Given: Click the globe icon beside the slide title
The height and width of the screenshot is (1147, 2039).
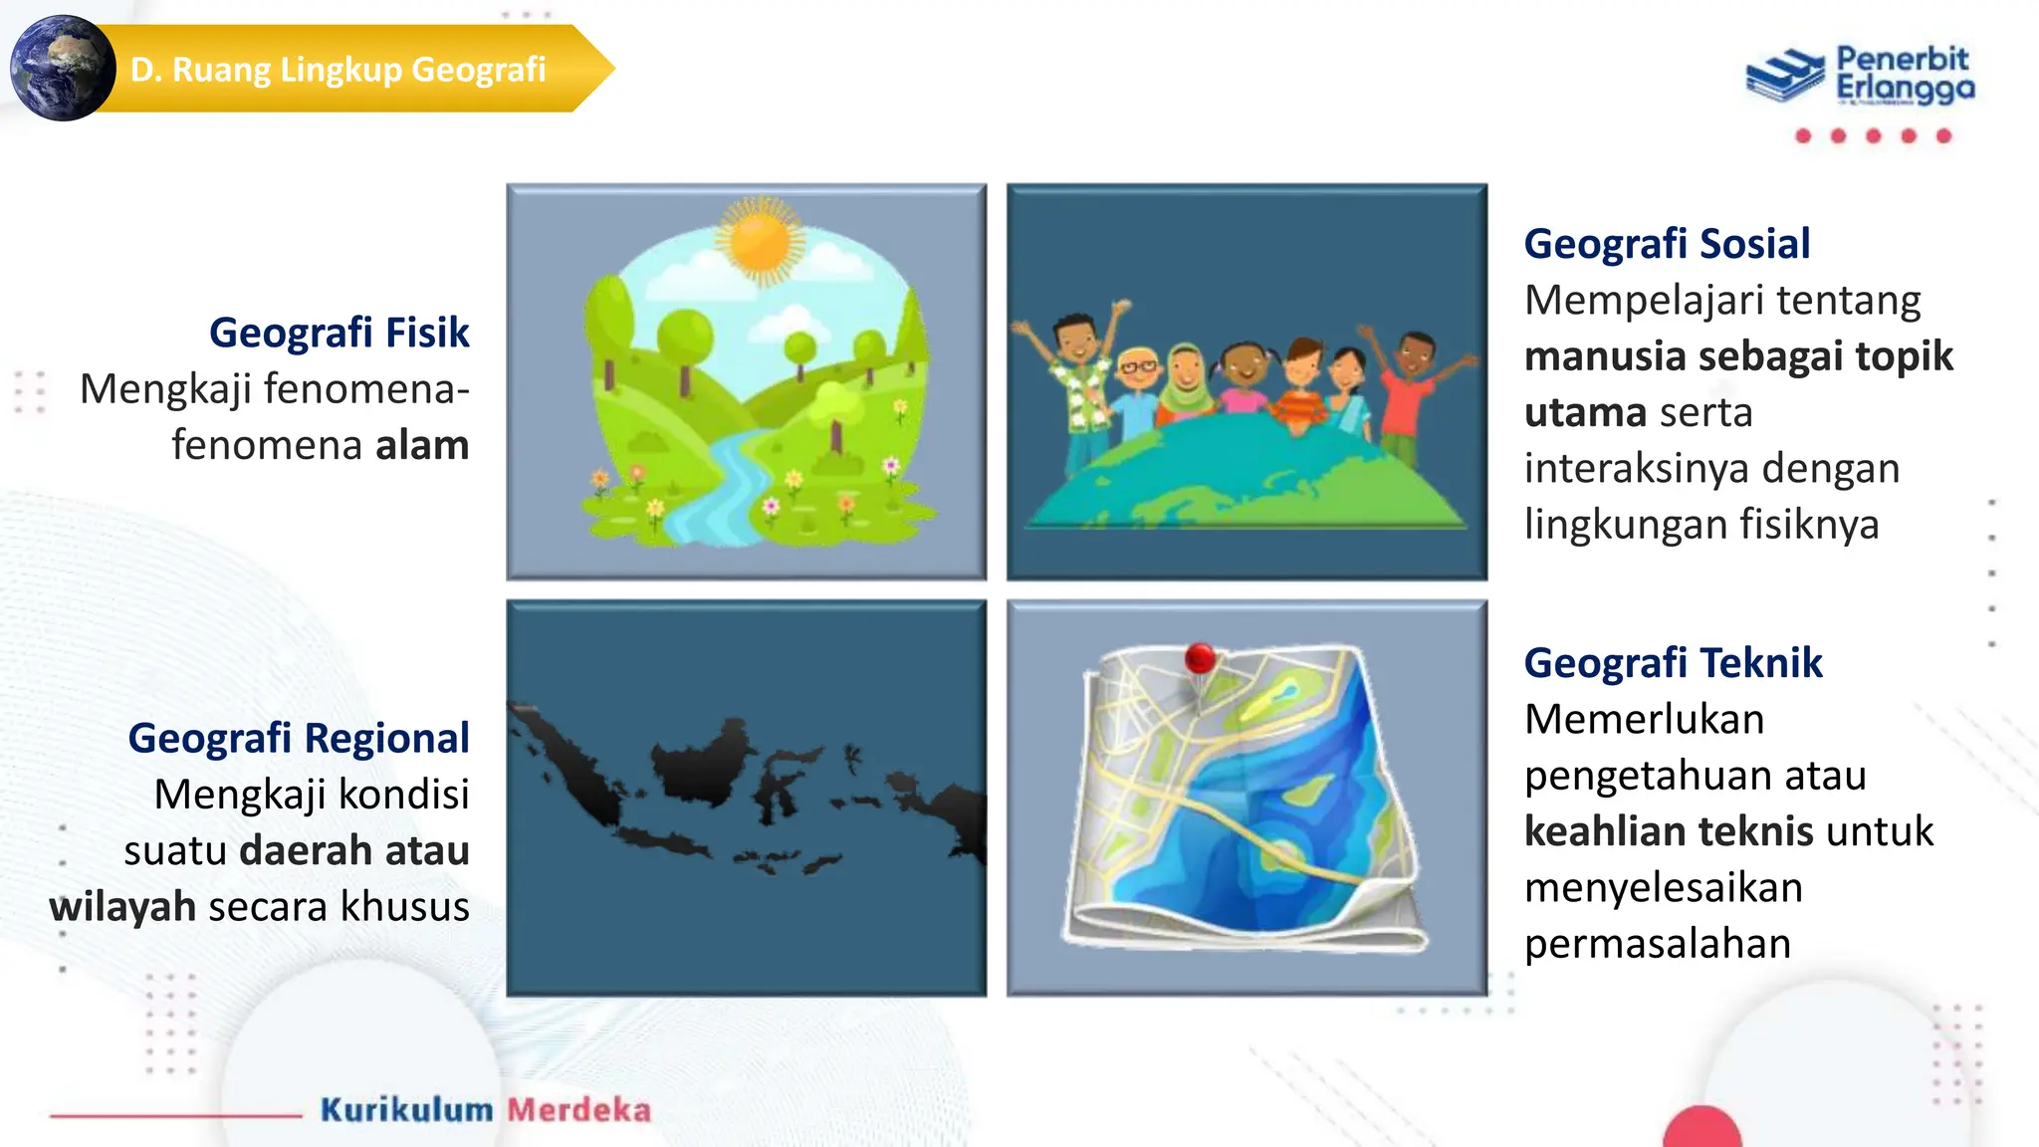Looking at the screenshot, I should coord(62,69).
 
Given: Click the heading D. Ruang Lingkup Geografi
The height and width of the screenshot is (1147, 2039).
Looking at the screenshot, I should coord(339,70).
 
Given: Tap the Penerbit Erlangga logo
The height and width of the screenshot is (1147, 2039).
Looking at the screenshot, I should coord(1860,75).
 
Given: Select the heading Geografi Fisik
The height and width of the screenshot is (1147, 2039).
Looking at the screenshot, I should coord(339,333).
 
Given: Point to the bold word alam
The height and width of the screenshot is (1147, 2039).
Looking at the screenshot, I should coord(422,445).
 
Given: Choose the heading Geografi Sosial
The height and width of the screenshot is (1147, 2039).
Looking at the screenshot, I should coord(1667,244).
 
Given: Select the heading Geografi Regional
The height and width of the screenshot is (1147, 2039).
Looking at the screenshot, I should coord(298,738).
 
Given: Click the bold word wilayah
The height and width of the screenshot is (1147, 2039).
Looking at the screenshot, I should coord(122,907).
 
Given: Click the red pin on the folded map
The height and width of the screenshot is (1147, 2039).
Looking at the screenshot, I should coord(1201,659).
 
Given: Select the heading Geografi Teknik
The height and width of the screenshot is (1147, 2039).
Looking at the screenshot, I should coord(1673,663).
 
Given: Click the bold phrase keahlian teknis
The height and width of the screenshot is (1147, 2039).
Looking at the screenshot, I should coord(1669,831).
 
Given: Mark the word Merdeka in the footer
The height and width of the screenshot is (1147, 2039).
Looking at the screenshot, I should coord(579,1110).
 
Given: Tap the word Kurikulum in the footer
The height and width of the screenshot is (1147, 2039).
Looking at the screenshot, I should coord(406,1110).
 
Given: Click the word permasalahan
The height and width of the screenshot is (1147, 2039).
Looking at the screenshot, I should coord(1658,944).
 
